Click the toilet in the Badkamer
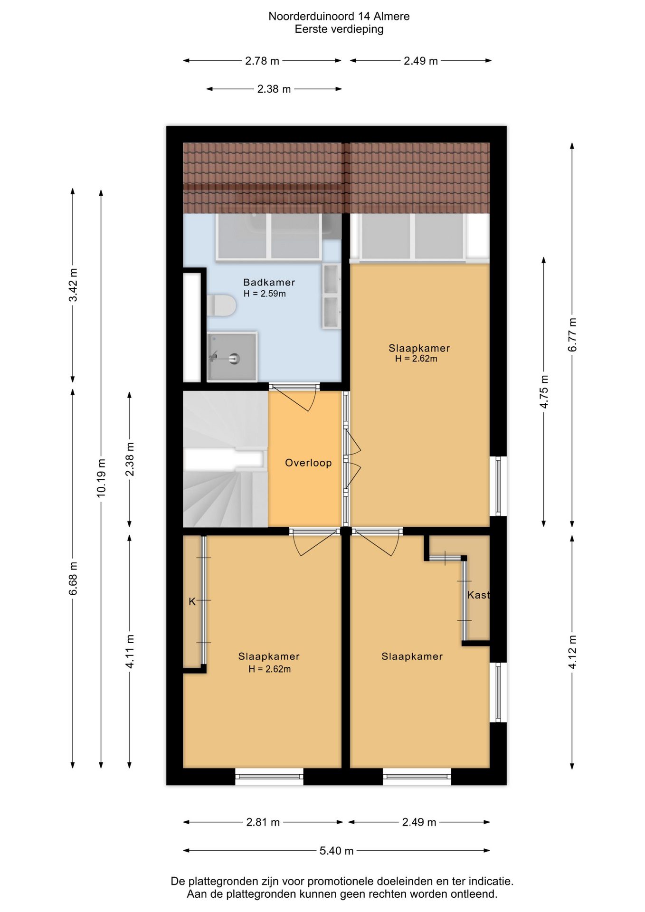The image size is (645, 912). [x=221, y=305]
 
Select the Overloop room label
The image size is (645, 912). [x=308, y=463]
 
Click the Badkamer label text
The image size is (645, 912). [x=269, y=282]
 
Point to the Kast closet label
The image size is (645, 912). [x=478, y=595]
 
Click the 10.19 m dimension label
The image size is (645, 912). [x=101, y=478]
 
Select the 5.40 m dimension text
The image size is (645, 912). [x=336, y=851]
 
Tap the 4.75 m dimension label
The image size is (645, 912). [x=544, y=392]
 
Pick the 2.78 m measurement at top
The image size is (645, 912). [x=262, y=61]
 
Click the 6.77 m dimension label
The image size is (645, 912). [x=572, y=335]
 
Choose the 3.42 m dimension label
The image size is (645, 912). [x=73, y=285]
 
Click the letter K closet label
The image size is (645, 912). [x=192, y=601]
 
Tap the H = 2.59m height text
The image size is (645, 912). [x=265, y=294]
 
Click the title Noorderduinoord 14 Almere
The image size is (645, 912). [x=339, y=16]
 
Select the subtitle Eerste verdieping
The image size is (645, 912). [x=339, y=29]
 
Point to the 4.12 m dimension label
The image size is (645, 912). [x=572, y=652]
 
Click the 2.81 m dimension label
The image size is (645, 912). [x=263, y=822]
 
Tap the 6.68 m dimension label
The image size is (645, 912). [x=73, y=578]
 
